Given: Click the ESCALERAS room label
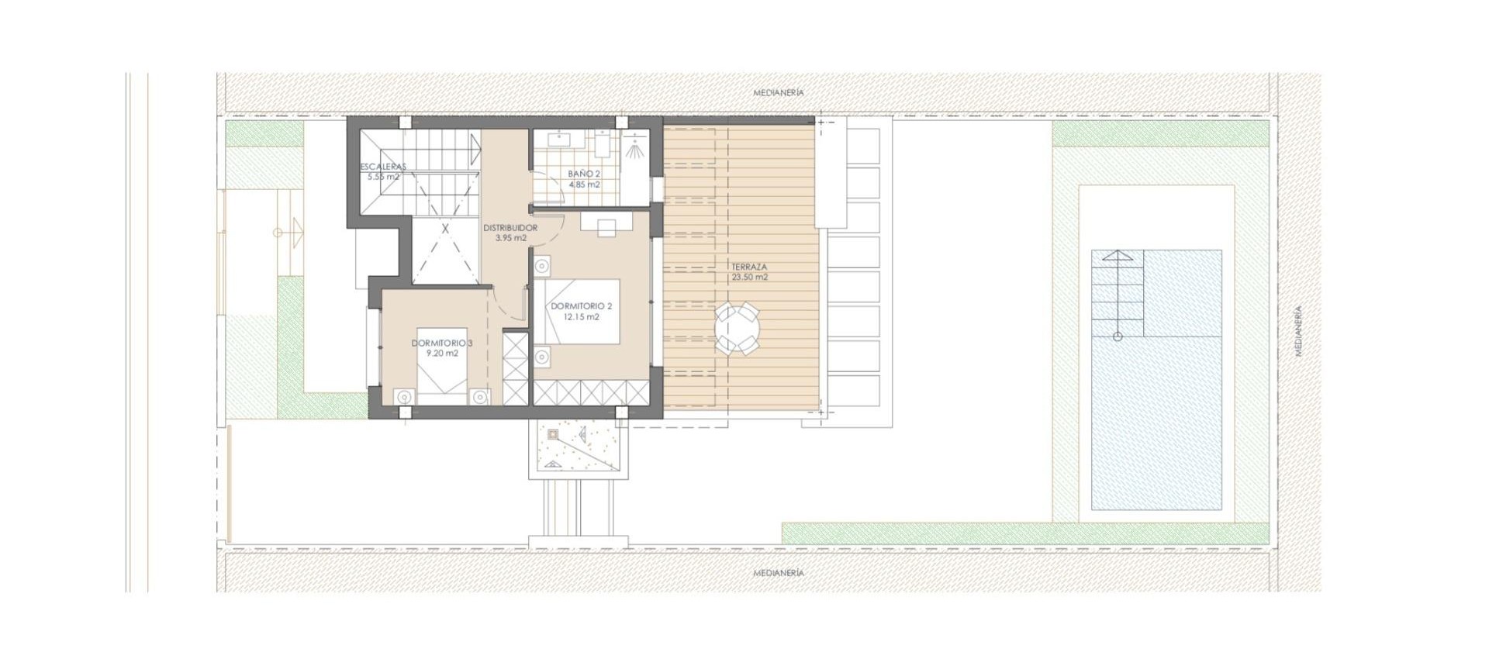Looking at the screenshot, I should pos(383,167).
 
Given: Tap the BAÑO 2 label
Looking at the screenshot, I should pos(584,174).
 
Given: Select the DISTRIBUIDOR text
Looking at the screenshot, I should pos(510,228).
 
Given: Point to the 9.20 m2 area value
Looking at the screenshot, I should pos(442,353).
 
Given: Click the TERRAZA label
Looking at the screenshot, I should pos(749,267).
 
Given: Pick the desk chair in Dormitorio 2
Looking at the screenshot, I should pos(606,226).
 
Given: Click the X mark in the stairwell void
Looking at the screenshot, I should pos(445,229).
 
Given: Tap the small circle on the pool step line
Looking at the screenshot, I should pos(1118,336).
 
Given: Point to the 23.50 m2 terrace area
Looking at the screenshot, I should pos(749,277).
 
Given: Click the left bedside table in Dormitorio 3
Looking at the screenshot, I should pos(403,396).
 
